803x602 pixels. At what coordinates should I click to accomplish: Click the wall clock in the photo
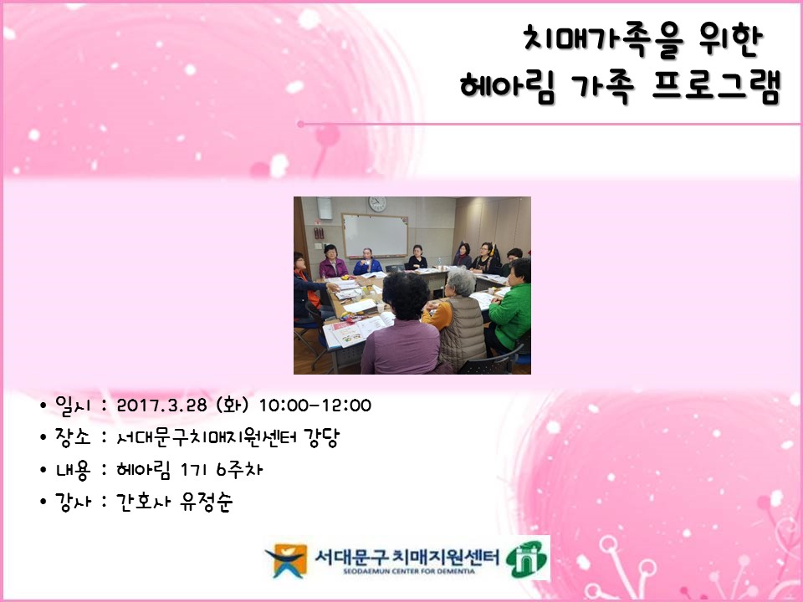click(x=377, y=204)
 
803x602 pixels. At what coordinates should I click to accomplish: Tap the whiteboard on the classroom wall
click(x=375, y=236)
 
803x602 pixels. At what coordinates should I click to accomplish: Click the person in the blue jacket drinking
click(x=367, y=262)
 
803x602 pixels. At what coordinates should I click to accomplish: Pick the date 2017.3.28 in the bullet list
click(x=161, y=406)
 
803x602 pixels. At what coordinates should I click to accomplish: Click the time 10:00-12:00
click(x=315, y=406)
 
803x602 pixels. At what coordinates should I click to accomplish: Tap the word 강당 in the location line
click(x=321, y=437)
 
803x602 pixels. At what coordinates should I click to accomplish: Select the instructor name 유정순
click(x=207, y=502)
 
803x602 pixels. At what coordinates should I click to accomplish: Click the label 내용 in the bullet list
click(x=73, y=470)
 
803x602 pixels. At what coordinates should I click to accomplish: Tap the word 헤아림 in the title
click(x=507, y=86)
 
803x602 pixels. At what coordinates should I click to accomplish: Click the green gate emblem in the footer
click(x=527, y=559)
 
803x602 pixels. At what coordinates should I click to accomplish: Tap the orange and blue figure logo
click(x=286, y=560)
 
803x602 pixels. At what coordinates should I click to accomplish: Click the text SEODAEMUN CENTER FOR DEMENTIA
click(x=409, y=571)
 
